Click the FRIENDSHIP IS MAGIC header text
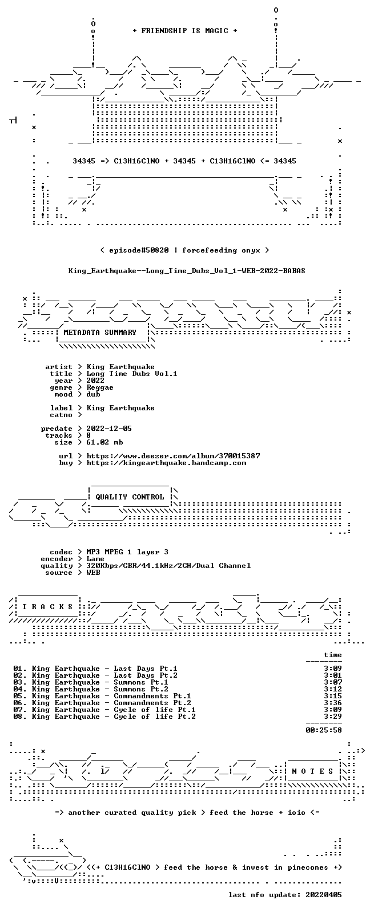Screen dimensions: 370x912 [x=185, y=31]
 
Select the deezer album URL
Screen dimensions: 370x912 [x=173, y=456]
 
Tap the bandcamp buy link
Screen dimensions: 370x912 [x=166, y=463]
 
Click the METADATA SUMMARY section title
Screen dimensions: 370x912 [x=100, y=333]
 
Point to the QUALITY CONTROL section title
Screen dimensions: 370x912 [x=130, y=497]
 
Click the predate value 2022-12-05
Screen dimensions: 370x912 [x=109, y=429]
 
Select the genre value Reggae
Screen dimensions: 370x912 [x=100, y=387]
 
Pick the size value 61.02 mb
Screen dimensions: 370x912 [x=104, y=442]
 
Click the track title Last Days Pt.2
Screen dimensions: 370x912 [x=145, y=675]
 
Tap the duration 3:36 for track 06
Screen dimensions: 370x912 [x=333, y=703]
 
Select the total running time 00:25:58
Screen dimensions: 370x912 [x=324, y=730]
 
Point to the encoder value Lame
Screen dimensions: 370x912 [x=95, y=559]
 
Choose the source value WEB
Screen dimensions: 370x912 [x=93, y=573]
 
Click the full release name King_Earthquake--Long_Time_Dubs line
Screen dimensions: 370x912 [x=187, y=271]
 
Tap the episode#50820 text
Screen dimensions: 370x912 [x=139, y=250]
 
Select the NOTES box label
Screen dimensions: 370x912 [x=312, y=771]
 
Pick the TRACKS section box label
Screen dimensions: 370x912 [x=47, y=607]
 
